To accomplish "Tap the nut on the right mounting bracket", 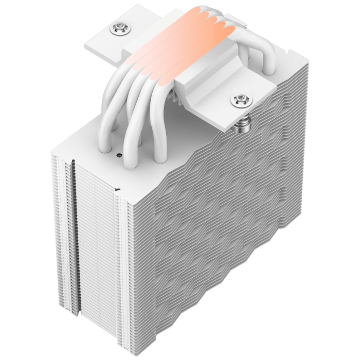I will pos(240,99).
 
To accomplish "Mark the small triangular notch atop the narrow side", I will pos(118,191).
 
